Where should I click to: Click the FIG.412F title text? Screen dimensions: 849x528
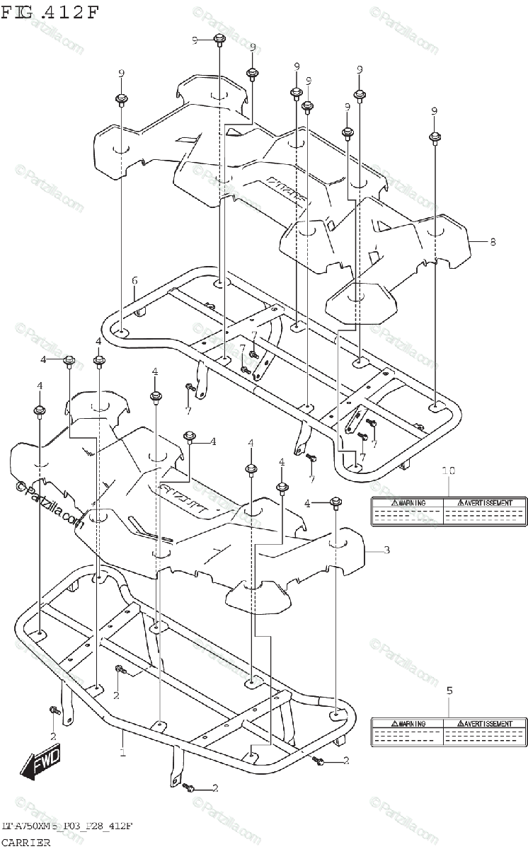coord(51,12)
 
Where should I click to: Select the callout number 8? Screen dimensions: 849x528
coord(493,242)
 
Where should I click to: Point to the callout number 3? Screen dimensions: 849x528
coord(386,550)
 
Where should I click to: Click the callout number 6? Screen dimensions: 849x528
coord(134,282)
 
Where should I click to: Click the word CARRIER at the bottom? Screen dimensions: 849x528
coord(25,842)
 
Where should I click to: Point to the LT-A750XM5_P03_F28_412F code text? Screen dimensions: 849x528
coord(68,826)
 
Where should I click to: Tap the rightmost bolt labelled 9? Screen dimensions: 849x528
coord(435,137)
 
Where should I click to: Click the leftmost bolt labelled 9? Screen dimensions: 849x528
coord(121,99)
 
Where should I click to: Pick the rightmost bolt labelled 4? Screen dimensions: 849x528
coord(336,503)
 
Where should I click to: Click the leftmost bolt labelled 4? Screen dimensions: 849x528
coord(40,411)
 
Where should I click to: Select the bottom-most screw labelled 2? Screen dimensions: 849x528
coord(188,787)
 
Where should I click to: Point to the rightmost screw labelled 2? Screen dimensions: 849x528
coord(318,761)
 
